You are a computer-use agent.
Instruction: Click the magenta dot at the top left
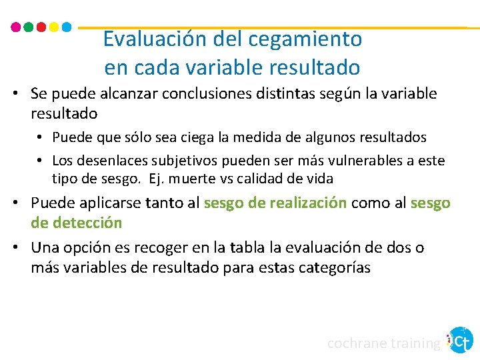click(16, 27)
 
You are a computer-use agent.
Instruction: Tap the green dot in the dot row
click(29, 27)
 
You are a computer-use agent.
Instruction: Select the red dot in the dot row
click(41, 27)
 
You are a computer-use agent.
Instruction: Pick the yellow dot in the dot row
click(54, 27)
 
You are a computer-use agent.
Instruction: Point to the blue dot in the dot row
click(67, 27)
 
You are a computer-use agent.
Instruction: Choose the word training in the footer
click(415, 344)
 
